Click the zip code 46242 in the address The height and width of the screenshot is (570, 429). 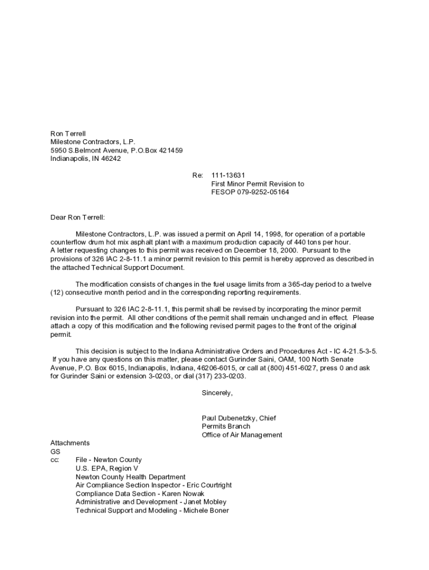click(x=111, y=159)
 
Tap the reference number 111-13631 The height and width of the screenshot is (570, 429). click(x=228, y=175)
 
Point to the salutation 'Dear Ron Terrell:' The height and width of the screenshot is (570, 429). click(x=77, y=217)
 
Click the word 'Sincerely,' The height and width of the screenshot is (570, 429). click(x=217, y=393)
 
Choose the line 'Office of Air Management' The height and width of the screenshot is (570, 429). click(x=242, y=435)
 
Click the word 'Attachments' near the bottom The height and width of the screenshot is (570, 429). click(x=70, y=443)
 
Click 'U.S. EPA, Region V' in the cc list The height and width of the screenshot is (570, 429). click(x=107, y=469)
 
